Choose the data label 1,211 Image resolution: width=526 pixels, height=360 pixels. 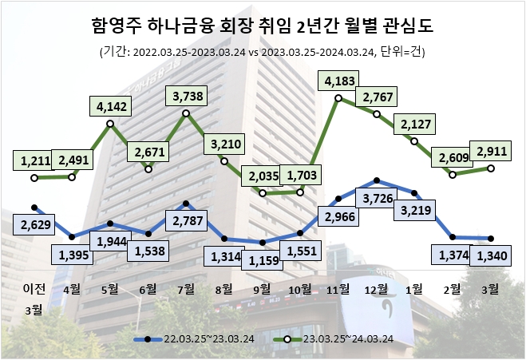(x=33, y=161)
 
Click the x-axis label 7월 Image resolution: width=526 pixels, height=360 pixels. (x=185, y=288)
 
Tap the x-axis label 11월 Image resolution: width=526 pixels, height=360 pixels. (x=338, y=288)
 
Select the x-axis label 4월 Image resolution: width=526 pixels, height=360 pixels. (x=71, y=288)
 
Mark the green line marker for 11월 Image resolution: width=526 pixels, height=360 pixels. (x=338, y=98)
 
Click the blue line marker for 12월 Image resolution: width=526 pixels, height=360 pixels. (x=377, y=181)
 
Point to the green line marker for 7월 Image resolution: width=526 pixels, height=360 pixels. (x=186, y=113)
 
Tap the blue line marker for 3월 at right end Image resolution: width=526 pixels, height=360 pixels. (x=491, y=238)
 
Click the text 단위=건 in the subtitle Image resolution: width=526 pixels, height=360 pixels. (x=402, y=53)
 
